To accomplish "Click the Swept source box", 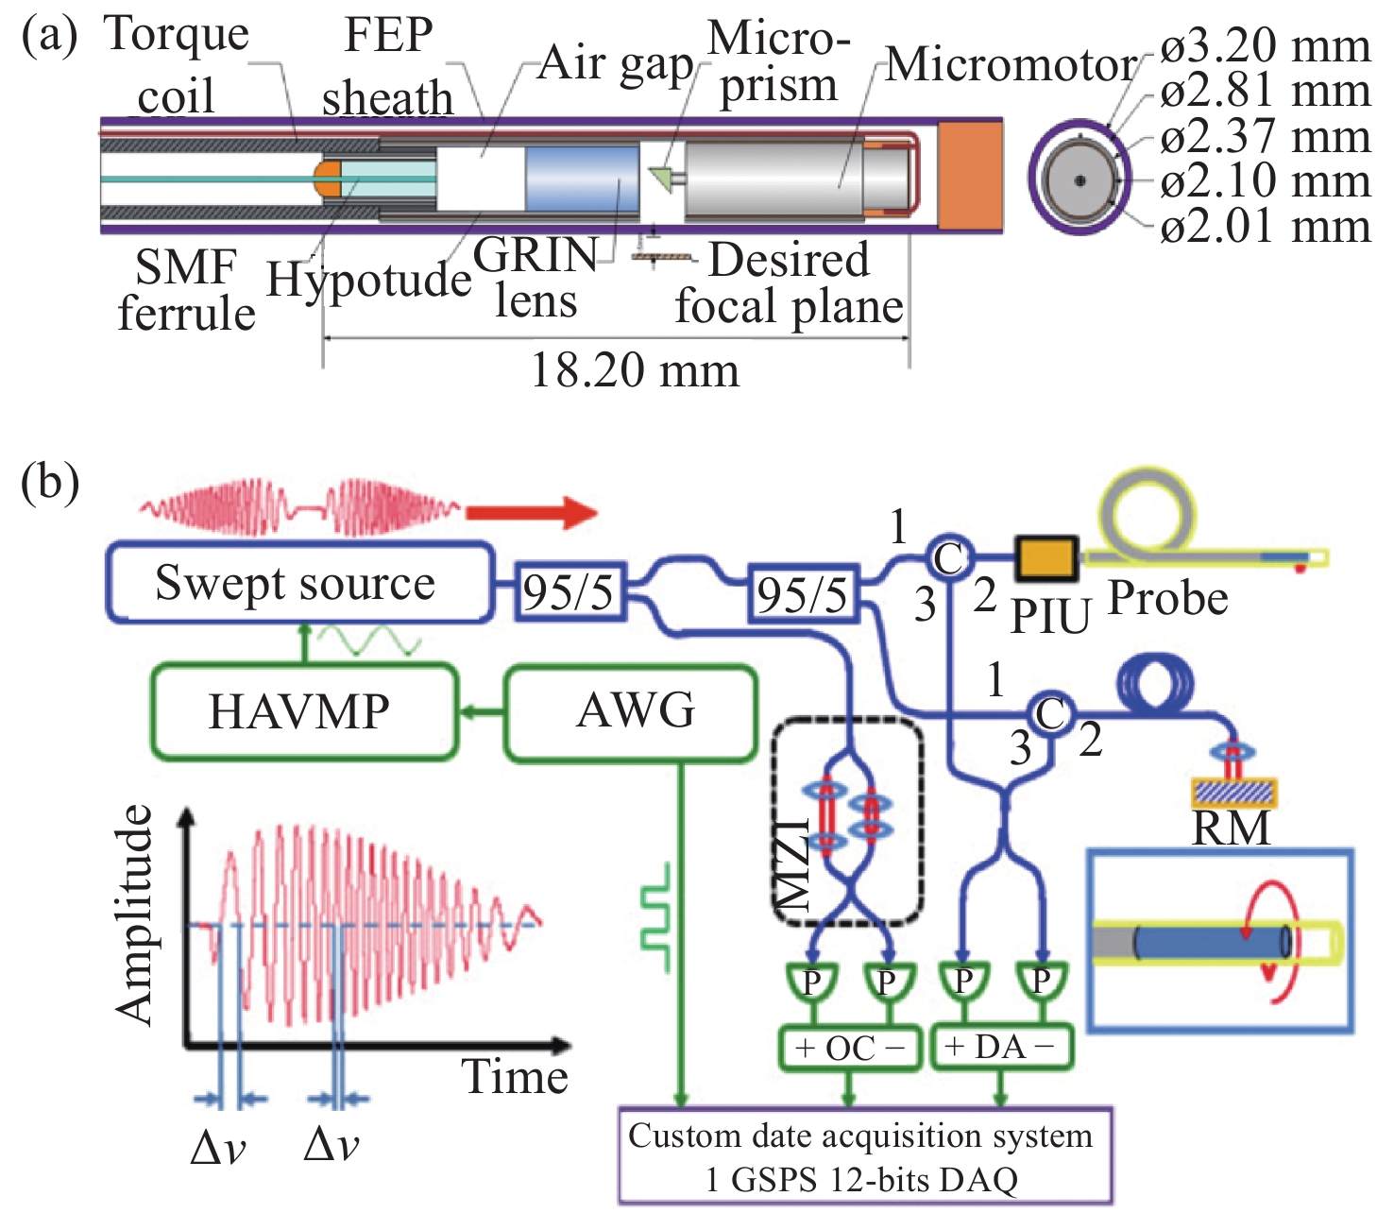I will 298,583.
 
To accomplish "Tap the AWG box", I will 632,711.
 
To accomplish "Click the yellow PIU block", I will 1045,557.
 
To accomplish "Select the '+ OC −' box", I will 849,1048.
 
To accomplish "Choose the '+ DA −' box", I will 1001,1047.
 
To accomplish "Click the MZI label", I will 792,864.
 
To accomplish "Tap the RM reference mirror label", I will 1231,829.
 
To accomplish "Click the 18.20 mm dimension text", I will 635,370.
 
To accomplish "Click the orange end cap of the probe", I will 970,177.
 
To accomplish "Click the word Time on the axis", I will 515,1077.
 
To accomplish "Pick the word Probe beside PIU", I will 1168,599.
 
